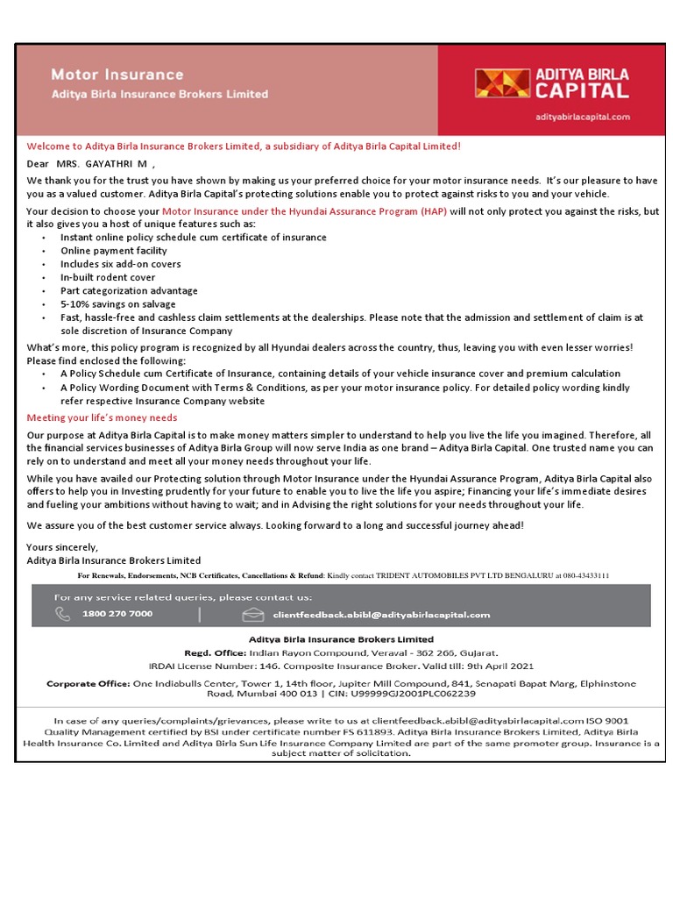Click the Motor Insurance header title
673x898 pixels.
pos(117,75)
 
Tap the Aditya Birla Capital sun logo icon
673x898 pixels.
pos(501,82)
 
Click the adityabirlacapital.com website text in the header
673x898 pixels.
pos(582,116)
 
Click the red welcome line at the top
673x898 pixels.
pos(244,146)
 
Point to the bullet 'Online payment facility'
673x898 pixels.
pos(113,251)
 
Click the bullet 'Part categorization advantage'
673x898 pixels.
pos(129,290)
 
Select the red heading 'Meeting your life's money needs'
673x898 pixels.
pos(102,417)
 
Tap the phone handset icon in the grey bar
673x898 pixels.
pos(62,614)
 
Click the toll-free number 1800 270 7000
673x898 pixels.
pos(117,614)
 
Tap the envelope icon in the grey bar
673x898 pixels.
pos(253,614)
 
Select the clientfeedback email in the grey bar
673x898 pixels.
pos(381,615)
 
